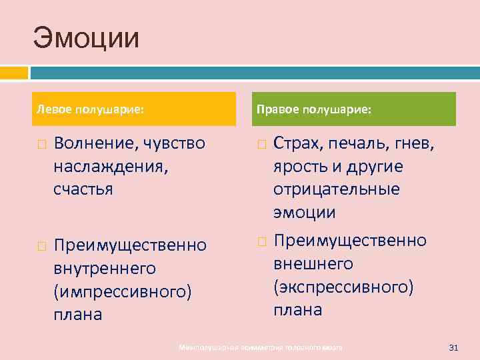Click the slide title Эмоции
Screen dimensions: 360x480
pyautogui.click(x=87, y=38)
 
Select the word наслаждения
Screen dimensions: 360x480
pyautogui.click(x=111, y=166)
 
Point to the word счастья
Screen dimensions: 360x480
pyautogui.click(x=83, y=189)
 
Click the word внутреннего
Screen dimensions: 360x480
pyautogui.click(x=105, y=268)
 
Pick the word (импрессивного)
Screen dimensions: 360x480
pyautogui.click(x=123, y=291)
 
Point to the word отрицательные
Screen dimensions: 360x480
pyautogui.click(x=336, y=189)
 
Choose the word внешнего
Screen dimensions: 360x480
pyautogui.click(x=313, y=263)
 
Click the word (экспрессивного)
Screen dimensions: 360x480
pyautogui.click(x=343, y=287)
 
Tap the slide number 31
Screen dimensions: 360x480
pyautogui.click(x=455, y=347)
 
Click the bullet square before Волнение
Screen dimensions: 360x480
pyautogui.click(x=41, y=144)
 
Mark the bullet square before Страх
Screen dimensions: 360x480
pyautogui.click(x=261, y=144)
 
